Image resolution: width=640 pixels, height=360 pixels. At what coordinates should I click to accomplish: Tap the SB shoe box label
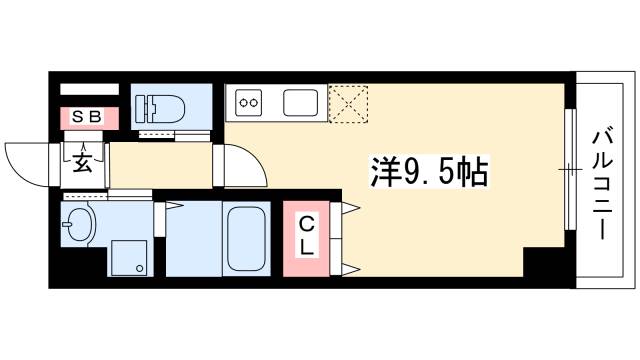pyautogui.click(x=84, y=118)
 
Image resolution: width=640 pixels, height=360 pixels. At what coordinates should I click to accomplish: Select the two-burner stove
pyautogui.click(x=248, y=102)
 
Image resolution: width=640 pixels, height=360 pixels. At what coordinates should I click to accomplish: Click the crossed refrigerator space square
pyautogui.click(x=350, y=102)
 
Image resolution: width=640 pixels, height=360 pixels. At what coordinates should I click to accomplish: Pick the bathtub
pyautogui.click(x=246, y=240)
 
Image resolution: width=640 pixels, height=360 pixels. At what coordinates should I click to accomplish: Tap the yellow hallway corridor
pyautogui.click(x=160, y=166)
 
